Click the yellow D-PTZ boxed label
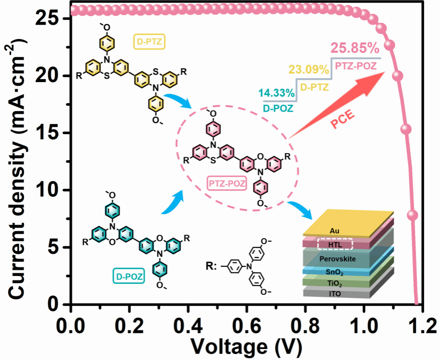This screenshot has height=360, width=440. [x=149, y=42]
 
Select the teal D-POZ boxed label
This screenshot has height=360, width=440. [x=129, y=276]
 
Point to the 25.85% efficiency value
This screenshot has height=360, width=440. [x=355, y=49]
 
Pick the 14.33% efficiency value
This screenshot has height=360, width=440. [x=277, y=93]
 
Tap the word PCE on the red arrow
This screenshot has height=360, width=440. [x=343, y=119]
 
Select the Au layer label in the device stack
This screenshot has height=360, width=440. [x=334, y=231]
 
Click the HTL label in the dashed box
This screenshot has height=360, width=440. [x=335, y=244]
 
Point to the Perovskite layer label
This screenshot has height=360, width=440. [x=338, y=259]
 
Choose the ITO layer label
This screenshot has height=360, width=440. [x=335, y=293]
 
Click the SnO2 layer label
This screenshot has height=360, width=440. [x=334, y=272]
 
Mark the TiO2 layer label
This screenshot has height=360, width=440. [x=335, y=283]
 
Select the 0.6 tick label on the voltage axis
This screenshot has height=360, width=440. [x=247, y=325]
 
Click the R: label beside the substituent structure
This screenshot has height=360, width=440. [x=211, y=266]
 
